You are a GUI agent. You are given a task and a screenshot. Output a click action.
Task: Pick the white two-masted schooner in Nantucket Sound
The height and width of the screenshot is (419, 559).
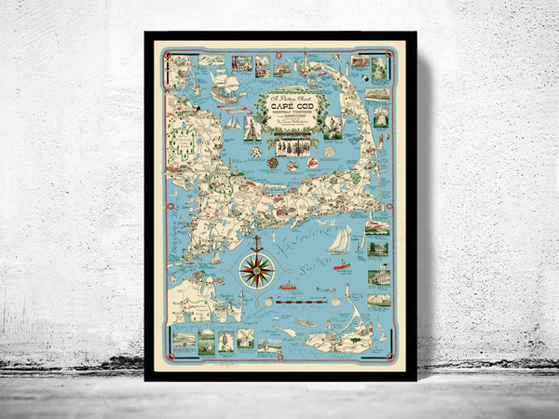[x=339, y=240]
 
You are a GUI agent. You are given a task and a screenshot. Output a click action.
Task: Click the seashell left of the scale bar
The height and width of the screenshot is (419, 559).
[x=268, y=300]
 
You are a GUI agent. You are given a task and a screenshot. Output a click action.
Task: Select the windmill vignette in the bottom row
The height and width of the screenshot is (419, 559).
[x=224, y=342]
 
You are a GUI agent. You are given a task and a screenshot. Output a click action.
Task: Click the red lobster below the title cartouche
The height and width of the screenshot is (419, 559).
[x=291, y=165]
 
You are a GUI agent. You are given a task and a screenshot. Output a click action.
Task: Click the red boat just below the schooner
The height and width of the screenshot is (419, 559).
[x=340, y=265]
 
